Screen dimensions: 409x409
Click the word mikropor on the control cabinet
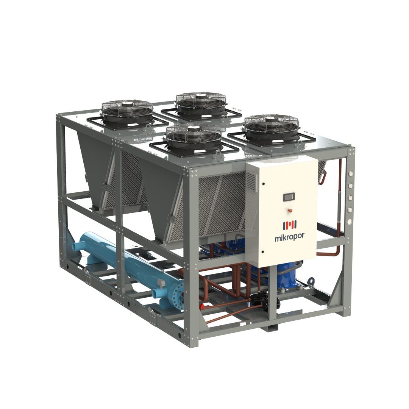pyautogui.click(x=289, y=237)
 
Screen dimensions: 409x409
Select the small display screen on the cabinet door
pyautogui.click(x=289, y=197)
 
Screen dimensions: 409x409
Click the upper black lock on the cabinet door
pyautogui.click(x=264, y=184)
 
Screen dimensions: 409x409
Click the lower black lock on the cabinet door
pyautogui.click(x=262, y=252)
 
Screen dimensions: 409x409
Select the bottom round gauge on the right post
pyautogui.click(x=350, y=222)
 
